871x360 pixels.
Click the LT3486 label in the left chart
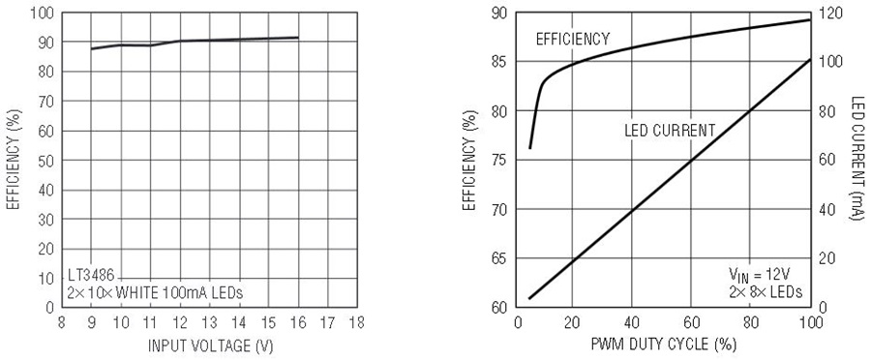92,276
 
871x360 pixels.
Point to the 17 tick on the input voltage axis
327,322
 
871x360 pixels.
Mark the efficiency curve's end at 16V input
298,37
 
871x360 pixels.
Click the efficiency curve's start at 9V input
91,49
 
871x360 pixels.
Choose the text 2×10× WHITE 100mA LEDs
156,292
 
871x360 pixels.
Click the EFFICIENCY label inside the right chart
573,39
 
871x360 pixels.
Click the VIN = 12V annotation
760,275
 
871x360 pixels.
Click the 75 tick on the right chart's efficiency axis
501,160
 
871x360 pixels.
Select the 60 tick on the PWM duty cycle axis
690,322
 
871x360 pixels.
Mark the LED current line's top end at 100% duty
809,60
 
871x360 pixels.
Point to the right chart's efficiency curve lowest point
530,148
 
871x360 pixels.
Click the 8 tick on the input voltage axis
62,322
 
